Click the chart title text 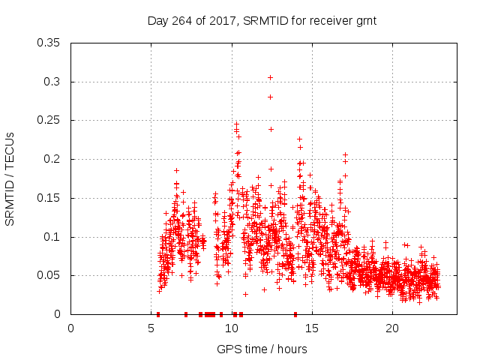point(261,22)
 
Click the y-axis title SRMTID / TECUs point(10,179)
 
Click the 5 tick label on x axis point(151,328)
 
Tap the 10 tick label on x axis point(232,328)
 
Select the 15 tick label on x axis point(312,328)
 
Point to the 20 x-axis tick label point(392,328)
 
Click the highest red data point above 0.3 point(270,77)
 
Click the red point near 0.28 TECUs point(270,97)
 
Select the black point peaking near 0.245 point(236,124)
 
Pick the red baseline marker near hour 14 point(295,314)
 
